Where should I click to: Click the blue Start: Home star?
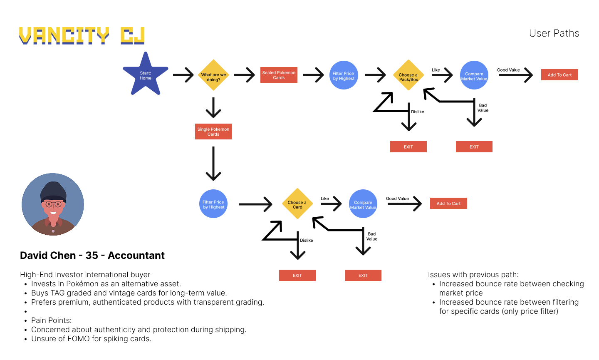click(x=145, y=75)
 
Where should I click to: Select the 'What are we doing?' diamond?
click(x=213, y=75)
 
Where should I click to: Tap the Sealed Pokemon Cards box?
click(x=279, y=75)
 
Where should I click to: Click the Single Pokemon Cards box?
click(x=213, y=132)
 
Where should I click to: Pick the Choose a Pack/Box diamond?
click(x=408, y=75)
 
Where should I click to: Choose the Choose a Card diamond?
click(x=297, y=204)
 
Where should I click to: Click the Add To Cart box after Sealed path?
click(x=559, y=75)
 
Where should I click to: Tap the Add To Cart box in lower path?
click(x=448, y=204)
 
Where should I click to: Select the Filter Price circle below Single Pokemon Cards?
click(x=213, y=204)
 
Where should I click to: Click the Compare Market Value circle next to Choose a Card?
click(x=363, y=204)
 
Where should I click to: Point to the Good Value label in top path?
click(x=508, y=70)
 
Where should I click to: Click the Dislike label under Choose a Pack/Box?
click(x=418, y=112)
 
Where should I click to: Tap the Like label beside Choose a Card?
click(x=325, y=199)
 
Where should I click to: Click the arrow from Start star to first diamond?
click(x=183, y=75)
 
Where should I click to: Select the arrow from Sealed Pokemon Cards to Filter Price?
click(x=313, y=75)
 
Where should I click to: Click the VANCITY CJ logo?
click(x=82, y=36)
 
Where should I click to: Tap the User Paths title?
click(x=554, y=33)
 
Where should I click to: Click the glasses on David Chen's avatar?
click(x=53, y=204)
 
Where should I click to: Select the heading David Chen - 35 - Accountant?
click(x=92, y=256)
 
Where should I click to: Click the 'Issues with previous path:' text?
click(x=473, y=275)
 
